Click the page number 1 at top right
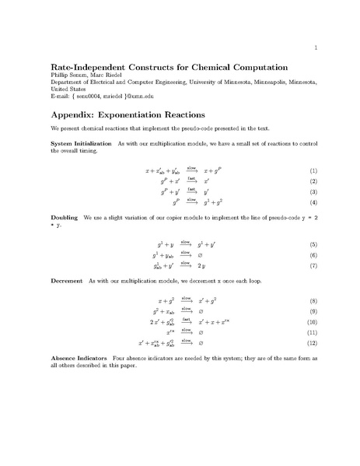click(315, 48)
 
